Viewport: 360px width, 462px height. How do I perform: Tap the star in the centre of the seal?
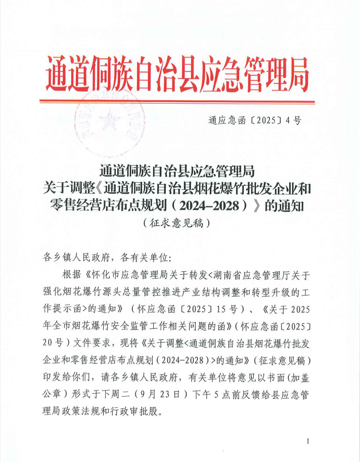(107, 121)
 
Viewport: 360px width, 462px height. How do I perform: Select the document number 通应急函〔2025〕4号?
(254, 120)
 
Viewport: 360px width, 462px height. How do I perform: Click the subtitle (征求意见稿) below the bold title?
(176, 222)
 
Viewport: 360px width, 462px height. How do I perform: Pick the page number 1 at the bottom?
(307, 441)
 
